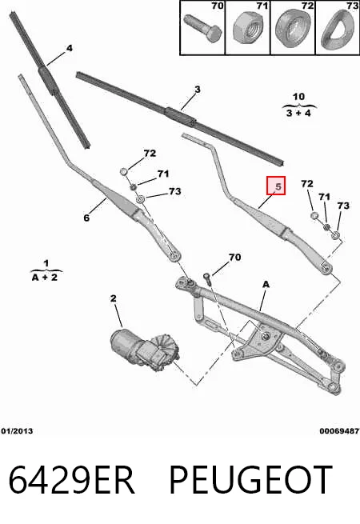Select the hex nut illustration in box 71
248,29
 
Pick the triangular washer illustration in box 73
338,30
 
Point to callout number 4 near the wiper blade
69,49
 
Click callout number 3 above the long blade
198,90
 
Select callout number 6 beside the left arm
86,218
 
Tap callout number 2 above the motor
114,298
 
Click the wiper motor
145,349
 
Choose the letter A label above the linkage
266,285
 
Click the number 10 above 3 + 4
298,97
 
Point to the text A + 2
45,277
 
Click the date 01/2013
17,431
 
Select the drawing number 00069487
339,431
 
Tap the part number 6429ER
71,479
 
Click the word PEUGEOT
251,479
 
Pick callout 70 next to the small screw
234,258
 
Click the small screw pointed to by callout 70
207,278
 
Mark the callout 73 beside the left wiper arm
175,191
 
